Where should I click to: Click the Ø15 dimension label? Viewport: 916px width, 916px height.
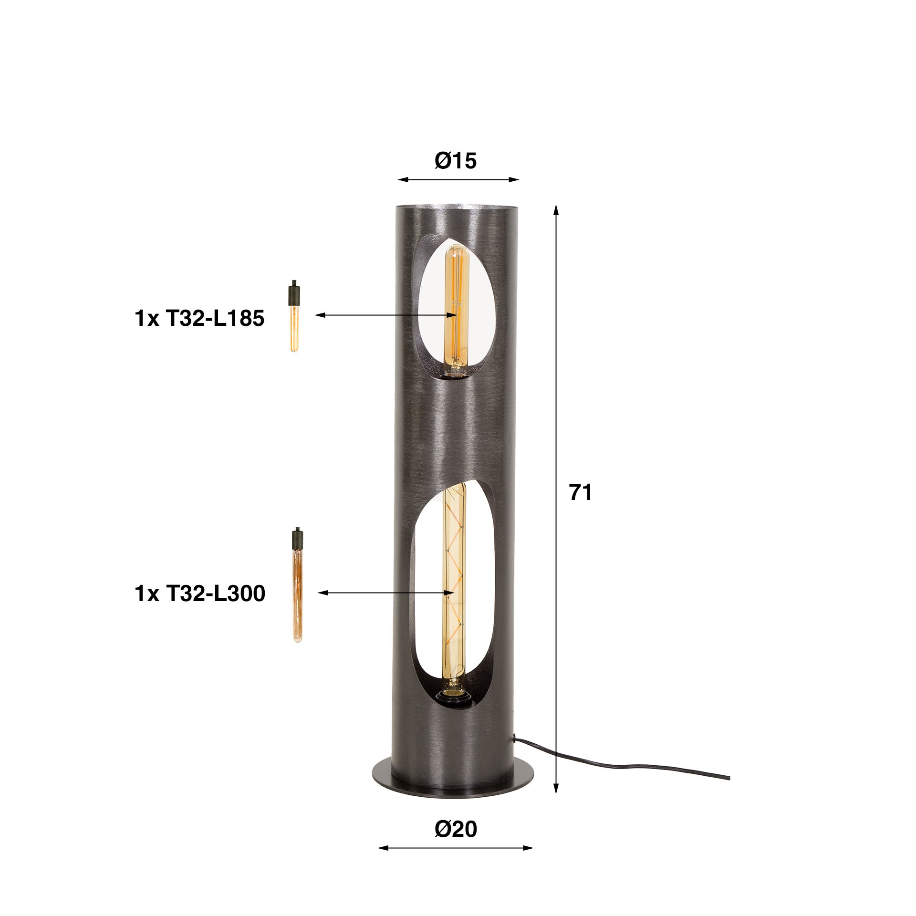tap(456, 162)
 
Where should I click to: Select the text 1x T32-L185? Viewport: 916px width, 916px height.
tap(199, 319)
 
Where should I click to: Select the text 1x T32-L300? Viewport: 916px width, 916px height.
tap(200, 594)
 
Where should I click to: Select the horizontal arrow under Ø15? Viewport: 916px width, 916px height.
tap(458, 180)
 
